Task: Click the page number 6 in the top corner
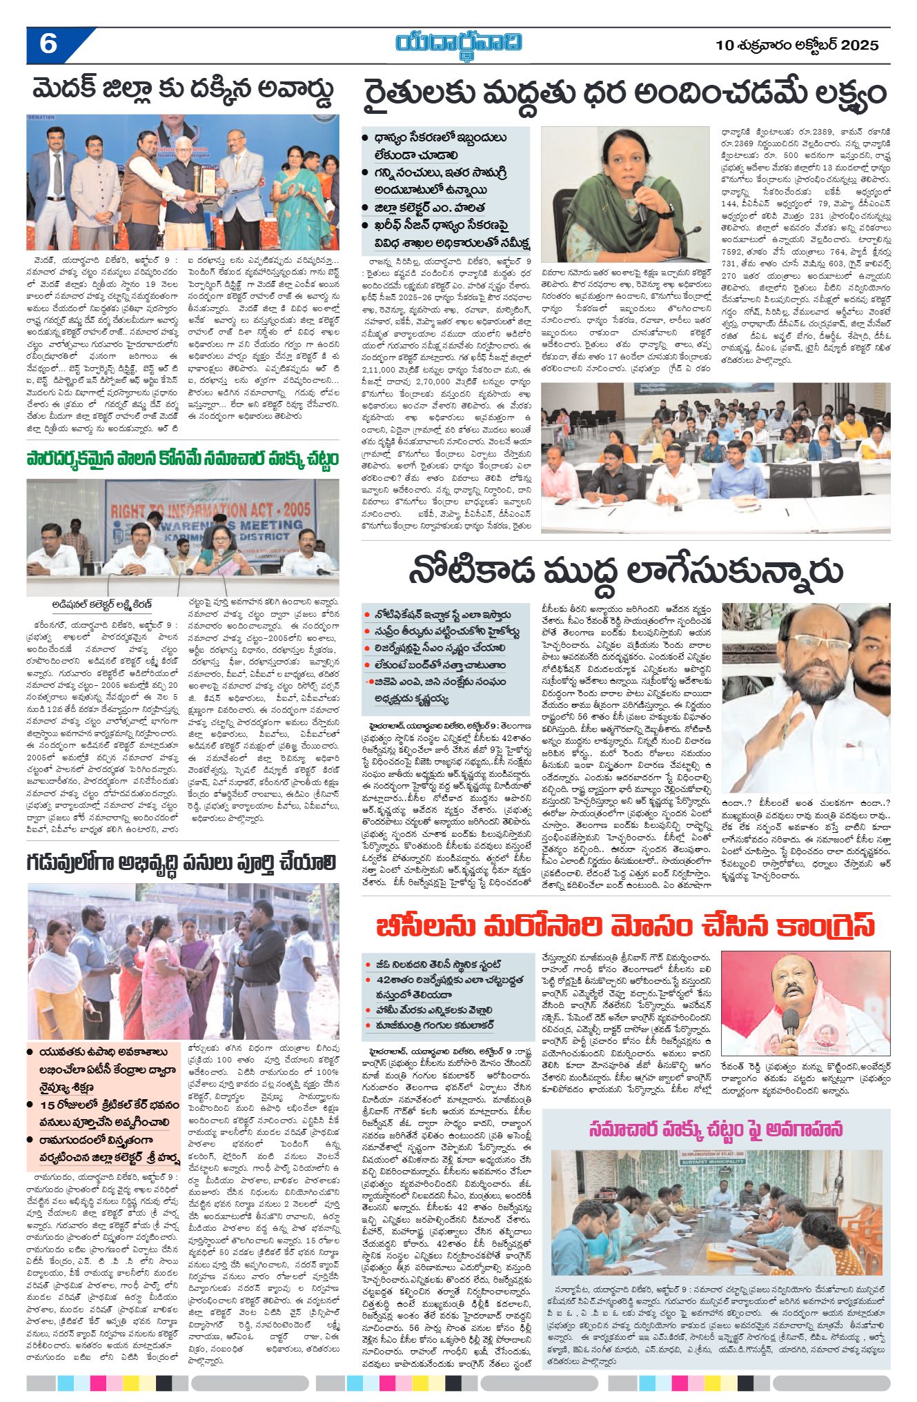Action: click(x=48, y=44)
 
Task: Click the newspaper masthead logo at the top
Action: click(x=458, y=42)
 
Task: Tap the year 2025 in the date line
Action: click(x=859, y=46)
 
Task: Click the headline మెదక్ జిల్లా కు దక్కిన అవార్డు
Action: click(x=183, y=90)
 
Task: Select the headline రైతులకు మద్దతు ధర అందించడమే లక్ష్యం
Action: click(x=624, y=94)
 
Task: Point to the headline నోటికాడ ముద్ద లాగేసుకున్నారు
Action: click(x=625, y=571)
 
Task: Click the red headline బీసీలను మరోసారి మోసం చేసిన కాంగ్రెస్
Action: click(x=625, y=927)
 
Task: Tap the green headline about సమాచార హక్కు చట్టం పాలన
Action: click(x=183, y=460)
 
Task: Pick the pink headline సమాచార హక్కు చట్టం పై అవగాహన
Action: click(x=716, y=1129)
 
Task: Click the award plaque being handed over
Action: click(x=206, y=180)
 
